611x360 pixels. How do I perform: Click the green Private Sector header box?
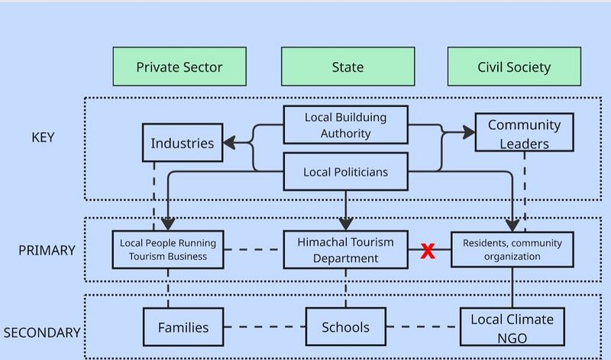point(179,66)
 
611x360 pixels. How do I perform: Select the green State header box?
point(348,66)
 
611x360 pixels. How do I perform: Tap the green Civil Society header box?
point(514,66)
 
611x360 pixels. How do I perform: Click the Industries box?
point(183,142)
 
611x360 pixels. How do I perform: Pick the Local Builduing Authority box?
point(346,125)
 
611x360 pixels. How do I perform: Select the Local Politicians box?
point(346,172)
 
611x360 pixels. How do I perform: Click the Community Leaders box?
point(525,132)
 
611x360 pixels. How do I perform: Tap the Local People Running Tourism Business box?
point(168,250)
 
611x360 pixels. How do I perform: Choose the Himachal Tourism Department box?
point(346,250)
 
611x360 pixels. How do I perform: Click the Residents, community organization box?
point(512,250)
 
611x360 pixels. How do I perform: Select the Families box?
point(183,327)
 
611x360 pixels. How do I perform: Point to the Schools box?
point(346,327)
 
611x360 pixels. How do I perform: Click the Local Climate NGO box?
point(512,327)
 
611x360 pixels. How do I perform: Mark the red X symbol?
point(428,251)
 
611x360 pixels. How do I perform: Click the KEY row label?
point(43,138)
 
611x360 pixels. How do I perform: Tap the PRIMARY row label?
point(47,251)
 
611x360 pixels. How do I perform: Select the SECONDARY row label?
point(42,332)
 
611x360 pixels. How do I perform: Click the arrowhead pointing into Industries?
point(230,143)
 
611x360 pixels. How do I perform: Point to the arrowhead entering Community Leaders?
point(468,132)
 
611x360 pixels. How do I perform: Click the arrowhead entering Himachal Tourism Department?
point(346,224)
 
